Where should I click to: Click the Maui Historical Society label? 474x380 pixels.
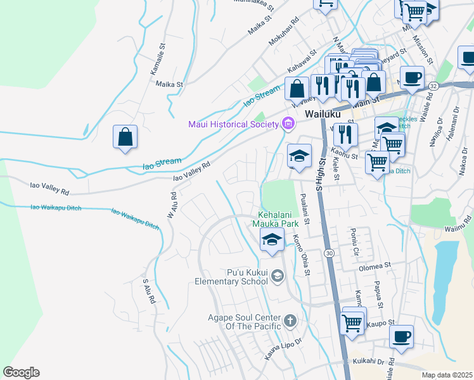pyautogui.click(x=233, y=123)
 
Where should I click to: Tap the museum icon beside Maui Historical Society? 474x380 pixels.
pyautogui.click(x=288, y=123)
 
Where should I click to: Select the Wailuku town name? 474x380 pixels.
pyautogui.click(x=323, y=114)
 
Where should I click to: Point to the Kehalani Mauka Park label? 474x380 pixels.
pyautogui.click(x=278, y=218)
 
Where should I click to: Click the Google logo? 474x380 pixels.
pyautogui.click(x=21, y=372)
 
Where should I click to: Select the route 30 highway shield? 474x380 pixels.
pyautogui.click(x=328, y=235)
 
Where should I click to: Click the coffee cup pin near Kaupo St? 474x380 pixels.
pyautogui.click(x=401, y=337)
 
